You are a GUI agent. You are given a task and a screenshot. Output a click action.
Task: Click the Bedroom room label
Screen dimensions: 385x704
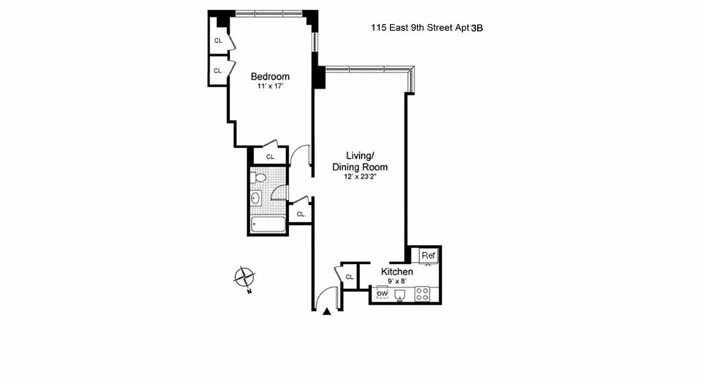pyautogui.click(x=270, y=77)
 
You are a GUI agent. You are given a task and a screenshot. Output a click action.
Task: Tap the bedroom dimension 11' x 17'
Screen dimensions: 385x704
pyautogui.click(x=270, y=87)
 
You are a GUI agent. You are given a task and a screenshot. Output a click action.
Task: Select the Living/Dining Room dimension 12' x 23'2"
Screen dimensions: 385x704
pyautogui.click(x=360, y=177)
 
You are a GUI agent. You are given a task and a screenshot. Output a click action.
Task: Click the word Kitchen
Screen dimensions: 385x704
pyautogui.click(x=397, y=271)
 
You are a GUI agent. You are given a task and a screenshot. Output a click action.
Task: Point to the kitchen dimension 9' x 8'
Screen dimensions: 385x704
pyautogui.click(x=397, y=281)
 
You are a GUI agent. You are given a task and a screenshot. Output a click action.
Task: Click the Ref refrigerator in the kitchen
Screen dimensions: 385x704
pyautogui.click(x=428, y=256)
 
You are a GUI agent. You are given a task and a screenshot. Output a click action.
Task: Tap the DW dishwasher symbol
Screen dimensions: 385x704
pyautogui.click(x=383, y=293)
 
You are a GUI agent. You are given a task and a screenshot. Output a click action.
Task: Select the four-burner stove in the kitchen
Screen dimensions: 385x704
pyautogui.click(x=422, y=294)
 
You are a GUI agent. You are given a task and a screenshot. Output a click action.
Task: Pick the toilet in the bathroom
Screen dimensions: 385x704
pyautogui.click(x=259, y=178)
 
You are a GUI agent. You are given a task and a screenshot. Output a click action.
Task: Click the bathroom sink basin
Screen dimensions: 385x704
pyautogui.click(x=256, y=198)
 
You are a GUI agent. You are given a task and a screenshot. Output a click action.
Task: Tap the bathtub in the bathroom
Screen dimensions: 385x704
pyautogui.click(x=268, y=225)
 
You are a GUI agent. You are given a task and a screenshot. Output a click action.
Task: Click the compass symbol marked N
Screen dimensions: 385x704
pyautogui.click(x=245, y=278)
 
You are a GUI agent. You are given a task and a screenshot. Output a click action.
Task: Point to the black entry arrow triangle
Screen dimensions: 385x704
pyautogui.click(x=327, y=312)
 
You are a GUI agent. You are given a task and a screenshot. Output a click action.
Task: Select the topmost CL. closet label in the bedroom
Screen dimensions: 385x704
pyautogui.click(x=218, y=41)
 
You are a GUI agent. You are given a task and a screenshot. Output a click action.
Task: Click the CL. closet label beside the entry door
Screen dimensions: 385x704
pyautogui.click(x=350, y=277)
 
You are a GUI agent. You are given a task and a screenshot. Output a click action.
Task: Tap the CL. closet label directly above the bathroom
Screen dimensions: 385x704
pyautogui.click(x=270, y=156)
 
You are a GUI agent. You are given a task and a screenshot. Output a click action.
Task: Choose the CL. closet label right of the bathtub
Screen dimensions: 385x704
pyautogui.click(x=301, y=214)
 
